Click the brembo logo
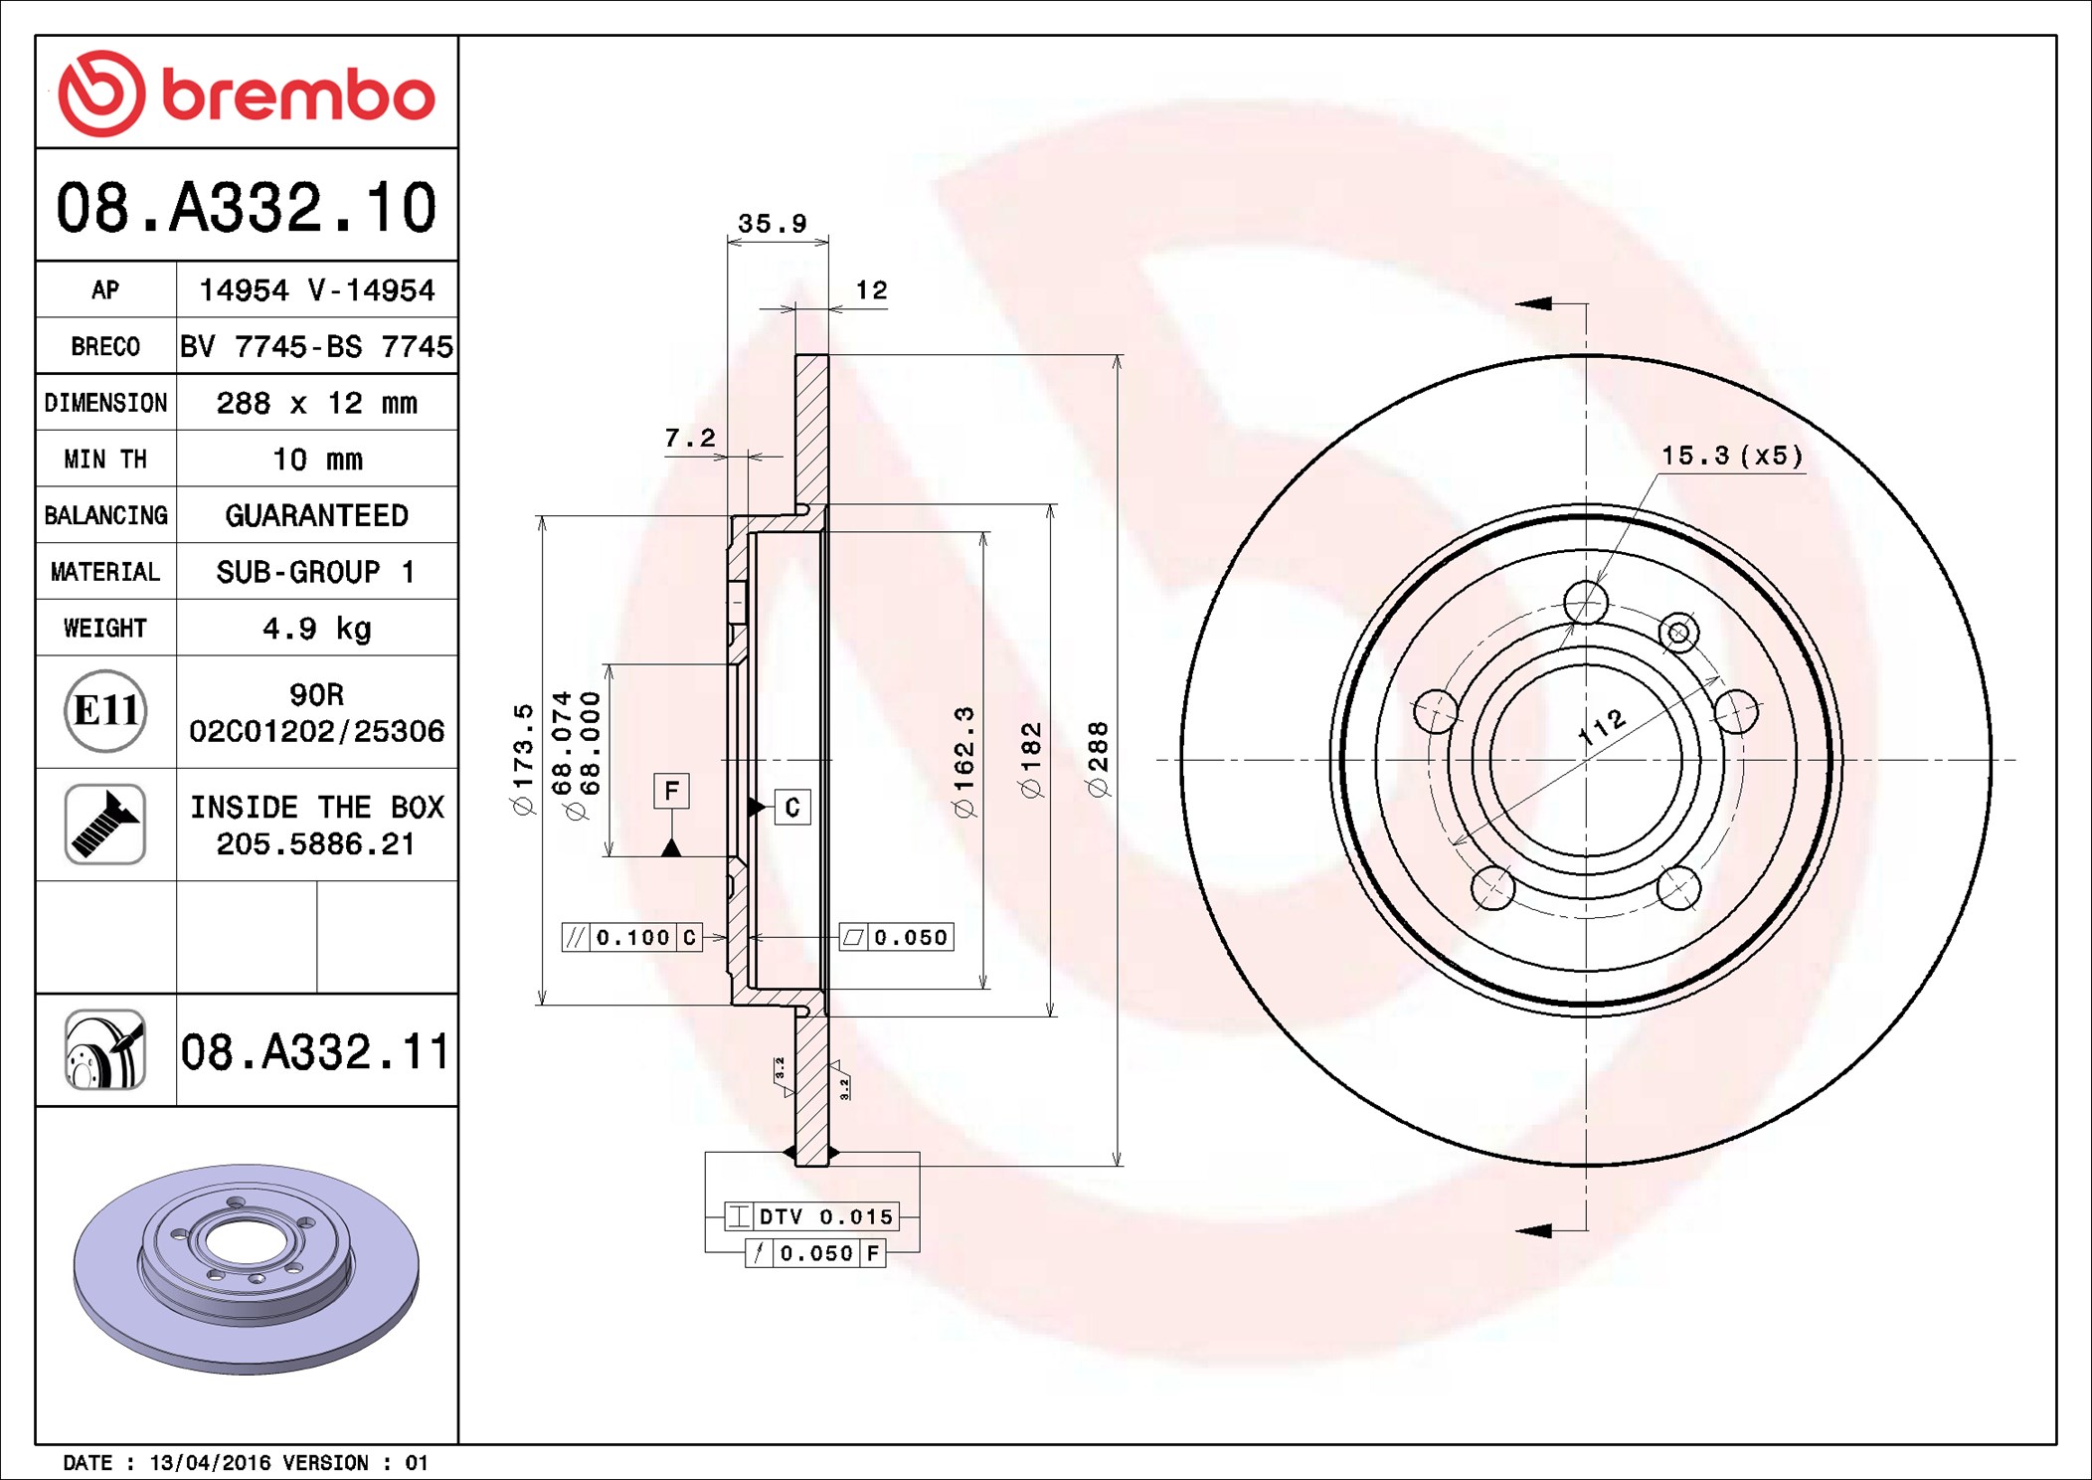coord(247,93)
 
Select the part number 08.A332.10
coord(247,207)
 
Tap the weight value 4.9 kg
coord(317,629)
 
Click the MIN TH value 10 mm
coord(317,460)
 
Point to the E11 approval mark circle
coord(105,711)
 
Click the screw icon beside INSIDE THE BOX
coord(105,825)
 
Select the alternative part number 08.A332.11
coord(315,1051)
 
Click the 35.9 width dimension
coord(773,224)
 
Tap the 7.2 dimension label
coord(690,438)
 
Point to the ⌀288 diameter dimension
coord(1098,760)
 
